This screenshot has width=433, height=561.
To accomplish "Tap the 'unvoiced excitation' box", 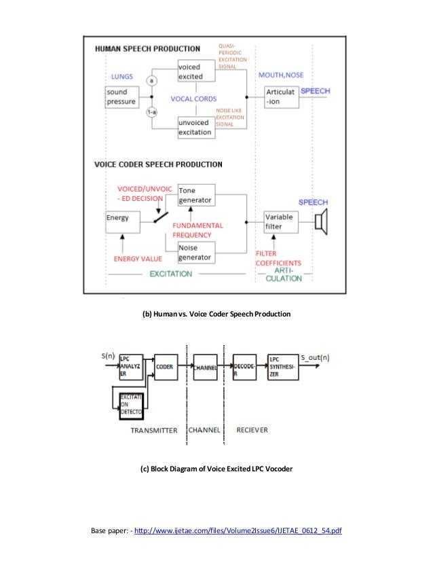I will [x=195, y=127].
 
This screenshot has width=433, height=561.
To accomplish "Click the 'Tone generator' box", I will [x=195, y=195].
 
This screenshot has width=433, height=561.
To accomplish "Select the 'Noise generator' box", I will [x=195, y=253].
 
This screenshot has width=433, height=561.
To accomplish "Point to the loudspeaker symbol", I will [x=321, y=222].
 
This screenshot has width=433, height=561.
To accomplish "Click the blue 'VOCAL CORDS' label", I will [x=193, y=98].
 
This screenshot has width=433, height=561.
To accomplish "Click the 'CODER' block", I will [x=165, y=366].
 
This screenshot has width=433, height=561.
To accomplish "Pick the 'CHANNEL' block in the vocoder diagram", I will [x=205, y=367].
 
